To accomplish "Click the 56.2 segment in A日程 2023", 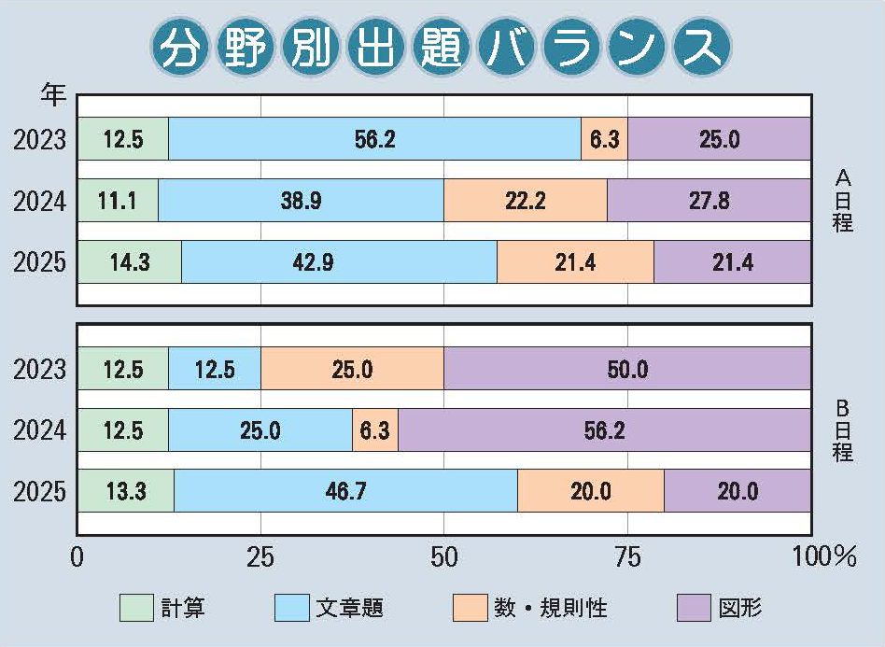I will pos(374,139).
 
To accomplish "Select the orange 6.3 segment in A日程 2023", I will pos(604,139).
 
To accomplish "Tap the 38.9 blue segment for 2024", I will pos(301,201).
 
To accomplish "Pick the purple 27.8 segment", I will pos(709,201).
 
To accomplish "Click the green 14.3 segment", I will pos(129,262).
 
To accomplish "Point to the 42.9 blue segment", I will pos(339,262).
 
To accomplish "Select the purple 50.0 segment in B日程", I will pos(626,369).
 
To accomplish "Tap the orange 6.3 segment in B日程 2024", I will pos(375,430).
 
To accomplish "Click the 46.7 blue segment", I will pos(345,491).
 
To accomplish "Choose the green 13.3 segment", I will pos(125,491).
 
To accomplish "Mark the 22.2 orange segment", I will pos(525,201).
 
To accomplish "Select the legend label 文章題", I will pos(350,609).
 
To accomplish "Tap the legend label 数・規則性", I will pos(550,609).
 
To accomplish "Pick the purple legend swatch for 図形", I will pos(692,609).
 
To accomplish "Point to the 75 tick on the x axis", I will pos(627,558).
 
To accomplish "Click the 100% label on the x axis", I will pos(823,558).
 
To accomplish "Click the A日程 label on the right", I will pos(842,201).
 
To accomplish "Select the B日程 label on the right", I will pos(842,430).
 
